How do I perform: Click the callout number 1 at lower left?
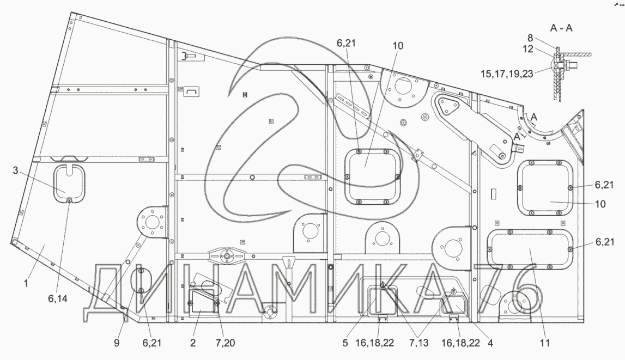point(26,284)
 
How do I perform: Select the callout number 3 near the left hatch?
point(15,171)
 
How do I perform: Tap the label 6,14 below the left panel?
point(58,298)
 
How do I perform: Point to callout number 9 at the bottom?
point(117,343)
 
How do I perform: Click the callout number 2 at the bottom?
point(193,343)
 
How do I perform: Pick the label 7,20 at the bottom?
point(225,343)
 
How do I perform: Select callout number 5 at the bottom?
point(345,343)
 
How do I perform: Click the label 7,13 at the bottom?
point(418,343)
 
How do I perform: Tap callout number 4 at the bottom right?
point(490,343)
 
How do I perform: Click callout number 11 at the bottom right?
point(545,343)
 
